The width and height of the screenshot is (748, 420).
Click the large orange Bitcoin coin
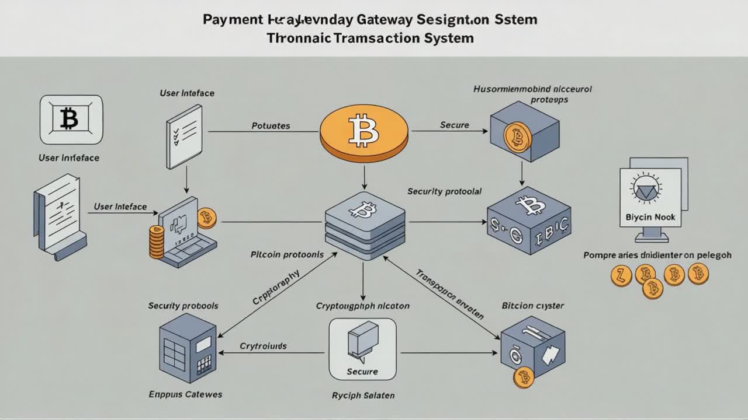tap(363, 129)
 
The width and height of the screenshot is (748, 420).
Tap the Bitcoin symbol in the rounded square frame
tap(71, 120)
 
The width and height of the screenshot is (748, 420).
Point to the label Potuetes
tap(271, 125)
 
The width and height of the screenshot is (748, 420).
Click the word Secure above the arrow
tap(454, 125)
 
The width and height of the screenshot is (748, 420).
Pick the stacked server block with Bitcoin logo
tap(365, 225)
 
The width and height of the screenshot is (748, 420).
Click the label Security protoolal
tap(444, 191)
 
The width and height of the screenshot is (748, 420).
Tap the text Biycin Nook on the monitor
tap(650, 217)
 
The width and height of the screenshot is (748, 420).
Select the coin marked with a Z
tap(621, 275)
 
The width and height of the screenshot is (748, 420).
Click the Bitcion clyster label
tap(532, 306)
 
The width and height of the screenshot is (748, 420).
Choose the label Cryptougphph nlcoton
tap(362, 306)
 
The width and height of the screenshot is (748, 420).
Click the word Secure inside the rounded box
tap(362, 372)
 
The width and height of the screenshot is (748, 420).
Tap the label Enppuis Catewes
tap(185, 394)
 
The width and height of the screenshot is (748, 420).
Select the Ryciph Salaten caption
tap(363, 395)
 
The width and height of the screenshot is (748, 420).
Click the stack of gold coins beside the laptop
tap(157, 242)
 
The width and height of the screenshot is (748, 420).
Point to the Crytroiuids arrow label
tap(263, 346)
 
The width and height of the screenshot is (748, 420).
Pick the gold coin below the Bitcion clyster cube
tap(524, 377)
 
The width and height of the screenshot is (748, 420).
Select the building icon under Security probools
tap(185, 348)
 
